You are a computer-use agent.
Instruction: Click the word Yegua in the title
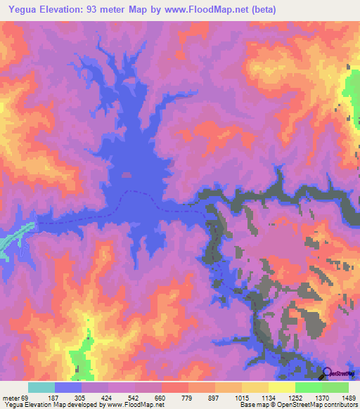[21, 10]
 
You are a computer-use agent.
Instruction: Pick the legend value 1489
[349, 398]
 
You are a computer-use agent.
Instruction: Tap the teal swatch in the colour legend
[41, 387]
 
